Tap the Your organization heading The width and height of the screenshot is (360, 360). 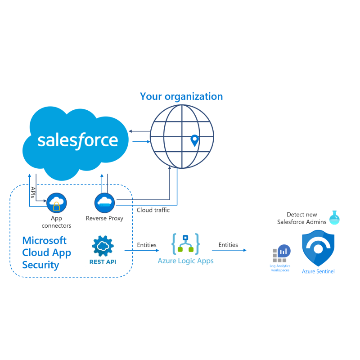(181, 96)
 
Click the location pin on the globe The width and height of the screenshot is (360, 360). (194, 140)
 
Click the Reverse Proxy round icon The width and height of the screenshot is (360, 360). (104, 202)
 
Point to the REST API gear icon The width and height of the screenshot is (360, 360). (103, 245)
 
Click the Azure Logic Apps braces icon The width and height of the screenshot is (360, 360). (185, 244)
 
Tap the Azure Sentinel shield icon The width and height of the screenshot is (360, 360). (318, 248)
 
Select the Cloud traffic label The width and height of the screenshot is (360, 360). (153, 210)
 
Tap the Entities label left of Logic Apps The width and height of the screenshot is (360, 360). (147, 245)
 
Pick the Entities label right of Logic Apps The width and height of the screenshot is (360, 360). (228, 245)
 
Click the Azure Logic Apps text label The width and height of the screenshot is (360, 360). (185, 261)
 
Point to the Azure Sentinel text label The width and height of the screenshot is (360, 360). (318, 271)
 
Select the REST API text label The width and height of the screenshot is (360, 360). (103, 261)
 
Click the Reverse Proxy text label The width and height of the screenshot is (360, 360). (104, 218)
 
